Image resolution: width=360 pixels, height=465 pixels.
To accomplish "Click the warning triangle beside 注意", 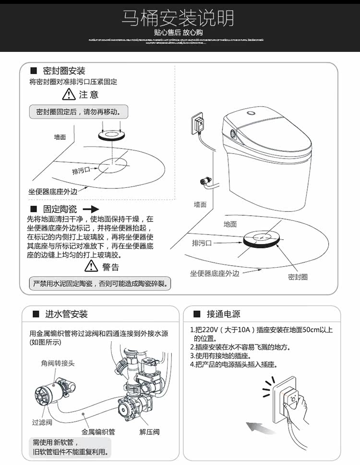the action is pyautogui.click(x=71, y=95).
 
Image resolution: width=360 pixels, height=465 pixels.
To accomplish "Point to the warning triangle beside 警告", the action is pyautogui.click(x=91, y=266).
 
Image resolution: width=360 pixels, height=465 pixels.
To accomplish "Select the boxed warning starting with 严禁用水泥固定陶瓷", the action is pyautogui.click(x=99, y=283).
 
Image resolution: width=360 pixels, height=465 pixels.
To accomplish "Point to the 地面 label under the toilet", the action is pyautogui.click(x=230, y=224).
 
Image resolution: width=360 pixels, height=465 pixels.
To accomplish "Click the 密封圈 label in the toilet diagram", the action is pyautogui.click(x=298, y=277).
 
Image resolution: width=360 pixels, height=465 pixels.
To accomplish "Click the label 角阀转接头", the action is pyautogui.click(x=58, y=363).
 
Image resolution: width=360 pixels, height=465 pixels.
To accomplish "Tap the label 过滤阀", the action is pyautogui.click(x=42, y=422).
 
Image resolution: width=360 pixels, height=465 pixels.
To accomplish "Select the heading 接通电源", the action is pyautogui.click(x=223, y=314).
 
